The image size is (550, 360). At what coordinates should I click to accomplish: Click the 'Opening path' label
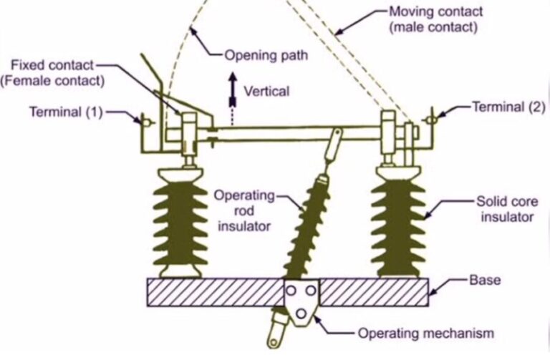tap(267, 54)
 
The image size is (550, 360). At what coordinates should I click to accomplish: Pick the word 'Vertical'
tap(266, 92)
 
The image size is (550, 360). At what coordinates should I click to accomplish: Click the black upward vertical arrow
tap(232, 87)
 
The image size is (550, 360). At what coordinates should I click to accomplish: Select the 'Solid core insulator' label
tap(505, 209)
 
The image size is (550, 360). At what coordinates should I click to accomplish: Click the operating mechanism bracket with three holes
tap(301, 301)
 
